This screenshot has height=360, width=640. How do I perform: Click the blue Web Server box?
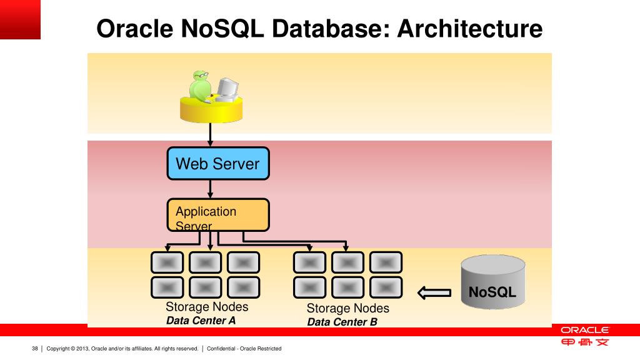217,164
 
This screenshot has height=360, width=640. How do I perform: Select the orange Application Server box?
217,214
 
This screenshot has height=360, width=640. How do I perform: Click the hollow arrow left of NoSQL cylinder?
434,292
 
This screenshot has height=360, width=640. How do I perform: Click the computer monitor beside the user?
226,89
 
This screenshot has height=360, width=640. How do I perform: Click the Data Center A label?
201,321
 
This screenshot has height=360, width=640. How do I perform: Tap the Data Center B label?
342,322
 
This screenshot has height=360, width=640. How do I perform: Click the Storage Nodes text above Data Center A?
207,307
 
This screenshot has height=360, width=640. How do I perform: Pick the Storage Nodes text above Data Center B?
347,308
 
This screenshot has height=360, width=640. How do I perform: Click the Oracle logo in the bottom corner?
584,329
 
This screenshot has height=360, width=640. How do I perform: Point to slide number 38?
35,348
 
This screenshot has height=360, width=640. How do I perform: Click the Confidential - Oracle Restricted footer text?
244,348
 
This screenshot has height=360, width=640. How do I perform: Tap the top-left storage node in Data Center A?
167,262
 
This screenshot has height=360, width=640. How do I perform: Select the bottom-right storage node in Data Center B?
385,287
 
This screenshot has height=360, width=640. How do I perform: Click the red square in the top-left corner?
20,19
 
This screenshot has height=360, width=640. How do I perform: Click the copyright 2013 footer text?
122,348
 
